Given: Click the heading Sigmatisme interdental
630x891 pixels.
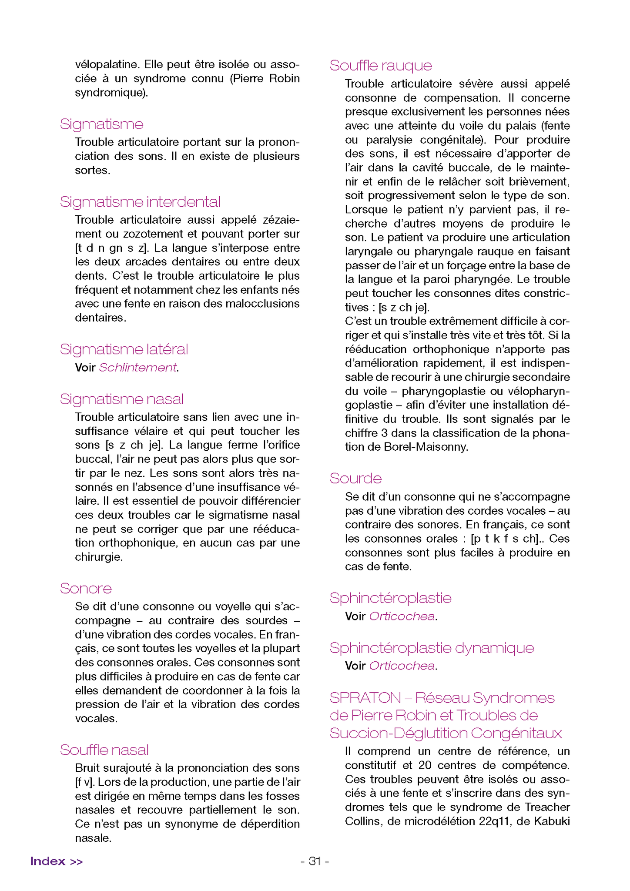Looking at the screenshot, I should pyautogui.click(x=140, y=202).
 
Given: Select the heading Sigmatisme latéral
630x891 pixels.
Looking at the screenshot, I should pyautogui.click(x=124, y=349).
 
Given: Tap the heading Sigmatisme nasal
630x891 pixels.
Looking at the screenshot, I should pyautogui.click(x=122, y=399).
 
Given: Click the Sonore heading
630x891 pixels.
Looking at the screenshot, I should pyautogui.click(x=86, y=588).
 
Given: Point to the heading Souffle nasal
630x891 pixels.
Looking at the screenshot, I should pyautogui.click(x=104, y=750).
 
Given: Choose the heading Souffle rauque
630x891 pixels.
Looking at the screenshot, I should pyautogui.click(x=381, y=65).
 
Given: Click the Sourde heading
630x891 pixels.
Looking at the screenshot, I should pyautogui.click(x=355, y=478).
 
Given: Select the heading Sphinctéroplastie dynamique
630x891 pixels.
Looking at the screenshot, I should pyautogui.click(x=432, y=648).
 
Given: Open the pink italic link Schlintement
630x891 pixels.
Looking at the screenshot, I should pyautogui.click(x=138, y=368).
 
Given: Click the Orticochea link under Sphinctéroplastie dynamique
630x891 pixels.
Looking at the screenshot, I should pyautogui.click(x=402, y=666).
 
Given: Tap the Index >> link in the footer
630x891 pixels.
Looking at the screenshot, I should pyautogui.click(x=57, y=861).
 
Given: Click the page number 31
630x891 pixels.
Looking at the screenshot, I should pyautogui.click(x=315, y=861).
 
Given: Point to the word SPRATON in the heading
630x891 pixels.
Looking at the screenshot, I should pyautogui.click(x=365, y=698).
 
